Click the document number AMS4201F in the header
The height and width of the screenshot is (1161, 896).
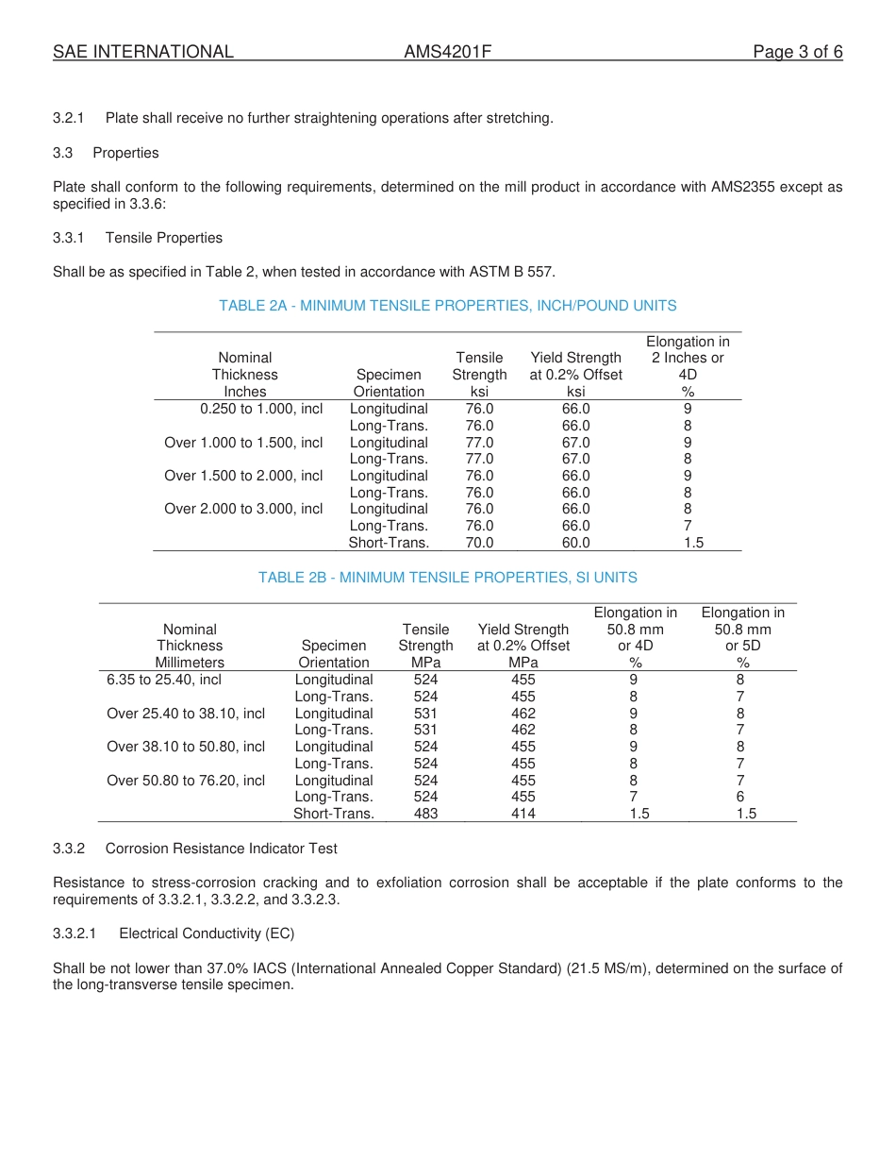click(447, 52)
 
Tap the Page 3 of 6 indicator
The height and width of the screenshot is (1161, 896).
click(797, 52)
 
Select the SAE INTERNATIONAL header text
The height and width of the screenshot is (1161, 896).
click(143, 52)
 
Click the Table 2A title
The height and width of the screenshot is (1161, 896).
click(447, 306)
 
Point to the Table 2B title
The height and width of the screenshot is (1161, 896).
click(447, 578)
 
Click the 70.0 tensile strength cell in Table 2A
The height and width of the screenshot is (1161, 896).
click(479, 543)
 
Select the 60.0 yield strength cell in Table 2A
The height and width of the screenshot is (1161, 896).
click(575, 543)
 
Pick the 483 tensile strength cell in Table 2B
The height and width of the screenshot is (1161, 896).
click(425, 814)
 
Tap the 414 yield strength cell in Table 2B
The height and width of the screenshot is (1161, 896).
click(523, 814)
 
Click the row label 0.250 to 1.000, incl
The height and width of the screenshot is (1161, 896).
click(261, 409)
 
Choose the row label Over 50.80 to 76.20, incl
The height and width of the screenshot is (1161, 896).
click(186, 781)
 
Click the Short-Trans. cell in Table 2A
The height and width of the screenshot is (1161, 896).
click(389, 543)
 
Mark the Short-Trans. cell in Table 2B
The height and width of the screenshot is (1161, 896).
click(334, 814)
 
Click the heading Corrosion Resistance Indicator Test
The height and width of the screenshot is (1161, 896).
click(221, 849)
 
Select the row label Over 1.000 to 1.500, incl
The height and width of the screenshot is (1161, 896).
click(243, 443)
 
